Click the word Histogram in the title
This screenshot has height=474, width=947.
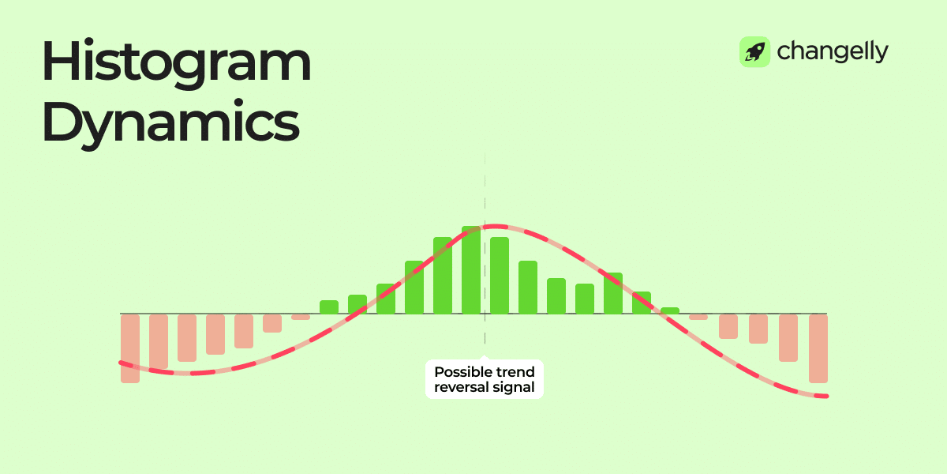click(x=176, y=63)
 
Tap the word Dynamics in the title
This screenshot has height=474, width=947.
click(x=170, y=123)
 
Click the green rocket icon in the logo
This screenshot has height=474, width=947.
click(x=754, y=52)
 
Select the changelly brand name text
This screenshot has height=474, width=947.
click(x=833, y=52)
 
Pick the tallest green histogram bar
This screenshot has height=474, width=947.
click(x=471, y=269)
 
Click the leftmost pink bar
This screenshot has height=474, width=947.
click(x=130, y=348)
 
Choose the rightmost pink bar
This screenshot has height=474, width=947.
click(x=818, y=348)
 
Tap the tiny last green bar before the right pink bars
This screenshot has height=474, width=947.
click(x=670, y=310)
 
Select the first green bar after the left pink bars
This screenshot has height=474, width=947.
click(x=329, y=307)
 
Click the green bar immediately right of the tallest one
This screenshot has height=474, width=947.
click(x=500, y=275)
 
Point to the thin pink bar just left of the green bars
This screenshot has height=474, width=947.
click(x=301, y=317)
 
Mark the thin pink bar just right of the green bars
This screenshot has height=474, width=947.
click(x=698, y=317)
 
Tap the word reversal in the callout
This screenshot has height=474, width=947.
click(x=460, y=388)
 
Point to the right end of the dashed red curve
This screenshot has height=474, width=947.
click(x=825, y=396)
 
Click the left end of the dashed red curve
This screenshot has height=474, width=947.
click(x=122, y=363)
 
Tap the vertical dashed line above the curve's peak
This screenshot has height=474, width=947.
click(x=485, y=190)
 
